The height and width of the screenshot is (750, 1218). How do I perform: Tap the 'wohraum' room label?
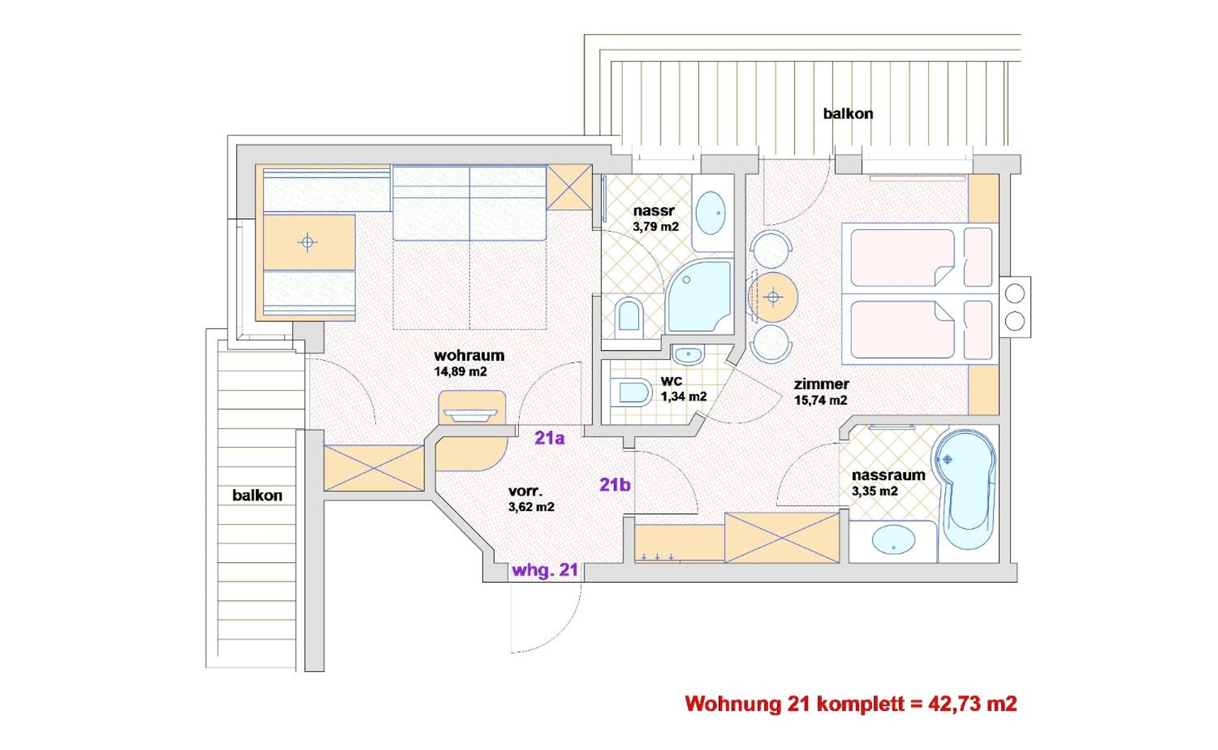click(469, 355)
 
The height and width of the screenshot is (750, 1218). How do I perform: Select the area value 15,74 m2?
click(820, 400)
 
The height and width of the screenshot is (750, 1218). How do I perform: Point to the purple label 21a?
click(549, 438)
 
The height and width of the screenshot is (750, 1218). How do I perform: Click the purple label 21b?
click(615, 484)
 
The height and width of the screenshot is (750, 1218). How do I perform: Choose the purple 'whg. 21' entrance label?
click(545, 570)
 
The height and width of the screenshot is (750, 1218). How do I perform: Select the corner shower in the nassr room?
click(700, 297)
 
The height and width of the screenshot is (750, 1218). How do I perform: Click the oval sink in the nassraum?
click(893, 540)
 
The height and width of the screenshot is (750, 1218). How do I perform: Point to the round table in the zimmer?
click(773, 297)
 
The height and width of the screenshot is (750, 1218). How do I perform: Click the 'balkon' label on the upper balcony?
click(848, 114)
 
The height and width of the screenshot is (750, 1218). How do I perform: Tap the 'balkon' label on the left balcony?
click(257, 495)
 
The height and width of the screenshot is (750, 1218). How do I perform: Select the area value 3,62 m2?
click(531, 507)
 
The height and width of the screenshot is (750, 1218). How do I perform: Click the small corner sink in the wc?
click(689, 354)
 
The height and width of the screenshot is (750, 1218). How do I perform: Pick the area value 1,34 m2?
click(684, 397)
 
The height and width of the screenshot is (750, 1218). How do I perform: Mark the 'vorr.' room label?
click(525, 491)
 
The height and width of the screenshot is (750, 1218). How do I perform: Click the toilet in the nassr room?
click(630, 316)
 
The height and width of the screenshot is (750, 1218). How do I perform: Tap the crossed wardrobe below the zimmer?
click(782, 537)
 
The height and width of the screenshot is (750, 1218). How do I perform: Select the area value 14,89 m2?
click(460, 372)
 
